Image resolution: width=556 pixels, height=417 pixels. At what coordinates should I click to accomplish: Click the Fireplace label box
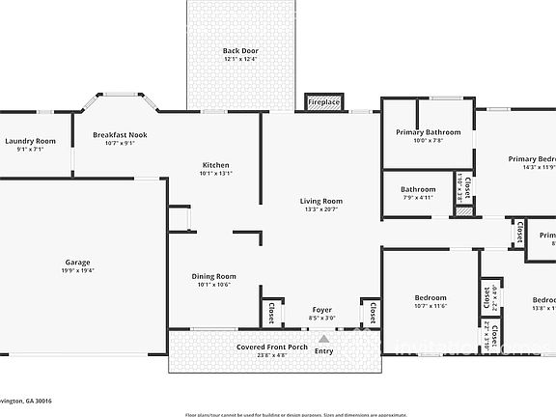click(x=323, y=102)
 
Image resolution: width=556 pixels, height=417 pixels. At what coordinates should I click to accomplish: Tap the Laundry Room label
click(x=31, y=141)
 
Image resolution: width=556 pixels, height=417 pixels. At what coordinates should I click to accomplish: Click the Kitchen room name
click(x=215, y=165)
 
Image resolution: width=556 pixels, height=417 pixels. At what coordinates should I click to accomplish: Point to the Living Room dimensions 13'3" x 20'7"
click(x=320, y=209)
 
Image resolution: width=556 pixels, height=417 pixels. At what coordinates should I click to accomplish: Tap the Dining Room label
click(x=215, y=276)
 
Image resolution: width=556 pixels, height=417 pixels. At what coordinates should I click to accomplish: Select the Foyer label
click(x=321, y=309)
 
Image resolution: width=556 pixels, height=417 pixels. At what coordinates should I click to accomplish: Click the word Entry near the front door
click(x=324, y=351)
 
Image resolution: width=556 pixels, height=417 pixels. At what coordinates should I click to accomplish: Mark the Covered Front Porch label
click(x=272, y=347)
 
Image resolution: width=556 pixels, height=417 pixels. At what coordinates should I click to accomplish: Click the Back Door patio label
click(x=240, y=51)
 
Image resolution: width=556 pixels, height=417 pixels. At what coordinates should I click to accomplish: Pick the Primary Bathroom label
click(x=429, y=132)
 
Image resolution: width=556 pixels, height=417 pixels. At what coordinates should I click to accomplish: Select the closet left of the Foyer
click(x=271, y=312)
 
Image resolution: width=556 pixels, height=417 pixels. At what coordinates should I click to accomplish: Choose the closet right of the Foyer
click(x=372, y=312)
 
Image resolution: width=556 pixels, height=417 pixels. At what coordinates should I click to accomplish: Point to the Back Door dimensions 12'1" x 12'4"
click(x=240, y=60)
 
